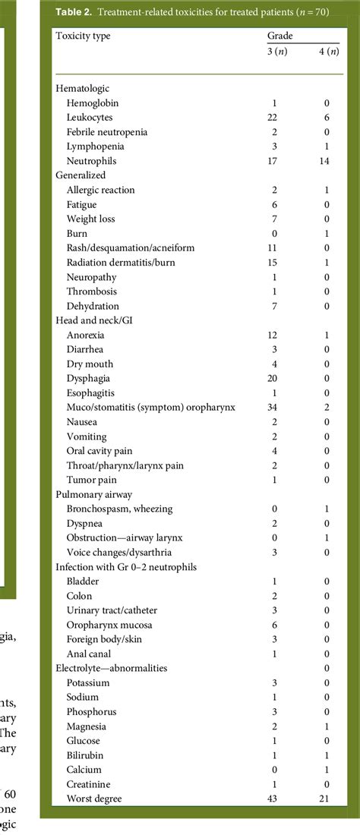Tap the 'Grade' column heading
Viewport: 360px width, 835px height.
click(x=279, y=36)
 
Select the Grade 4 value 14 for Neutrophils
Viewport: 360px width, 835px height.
click(x=326, y=161)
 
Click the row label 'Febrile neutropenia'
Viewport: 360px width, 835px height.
click(x=106, y=132)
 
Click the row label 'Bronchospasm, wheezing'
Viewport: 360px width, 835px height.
click(x=119, y=508)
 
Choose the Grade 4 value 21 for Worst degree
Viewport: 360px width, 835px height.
click(x=326, y=799)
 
